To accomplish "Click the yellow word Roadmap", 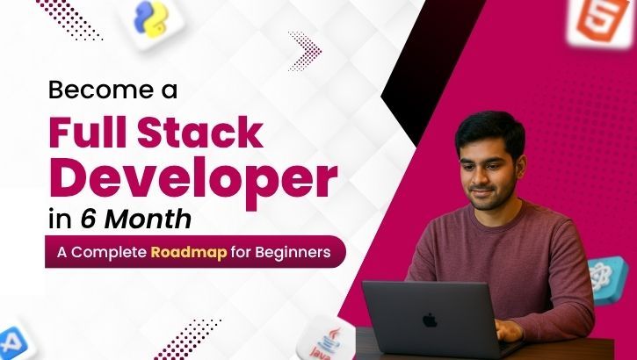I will click(192, 252).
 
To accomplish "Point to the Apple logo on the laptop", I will click(430, 319).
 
